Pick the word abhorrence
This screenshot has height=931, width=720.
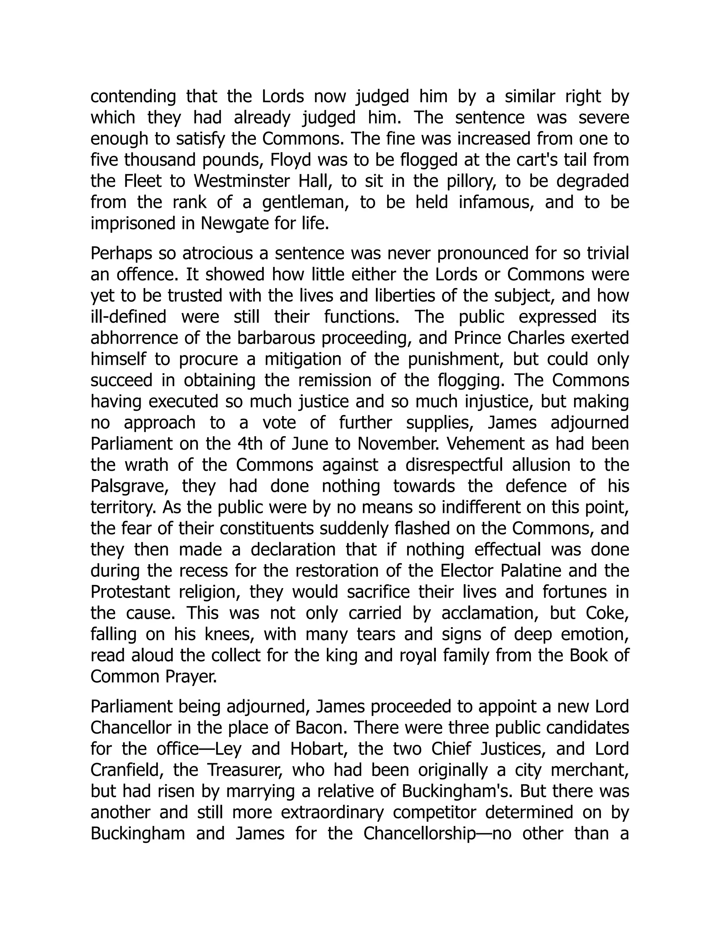[x=135, y=338]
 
